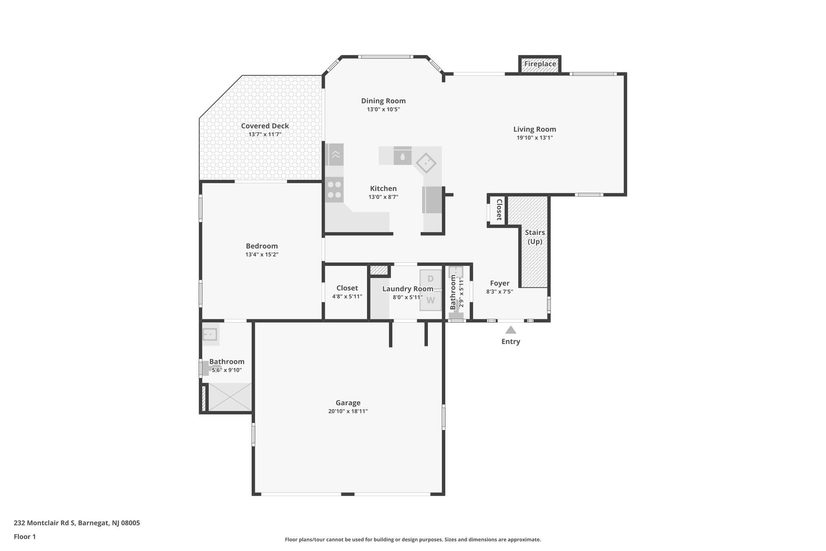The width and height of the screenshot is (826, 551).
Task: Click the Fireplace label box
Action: pos(540,64)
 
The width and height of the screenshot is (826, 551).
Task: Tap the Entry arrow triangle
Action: pos(511,330)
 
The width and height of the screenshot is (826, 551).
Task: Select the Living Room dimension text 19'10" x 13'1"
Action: pos(534,138)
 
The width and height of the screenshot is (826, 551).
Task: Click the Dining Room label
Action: pos(383,101)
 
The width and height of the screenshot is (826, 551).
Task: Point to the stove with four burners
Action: pos(334,190)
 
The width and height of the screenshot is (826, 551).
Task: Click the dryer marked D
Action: pos(430,279)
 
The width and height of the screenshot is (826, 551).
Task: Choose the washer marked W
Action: pos(430,300)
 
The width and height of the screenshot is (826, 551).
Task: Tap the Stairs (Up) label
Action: pos(535,237)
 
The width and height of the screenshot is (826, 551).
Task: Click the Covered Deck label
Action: pos(265,126)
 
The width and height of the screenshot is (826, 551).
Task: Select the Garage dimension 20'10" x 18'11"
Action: pos(348,411)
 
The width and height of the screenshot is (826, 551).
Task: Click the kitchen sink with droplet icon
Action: pos(402,156)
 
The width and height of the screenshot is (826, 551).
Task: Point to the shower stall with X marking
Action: pos(230,397)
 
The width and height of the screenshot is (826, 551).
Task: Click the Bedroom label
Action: pos(262,246)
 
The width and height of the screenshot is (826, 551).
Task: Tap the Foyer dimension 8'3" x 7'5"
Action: pos(499,292)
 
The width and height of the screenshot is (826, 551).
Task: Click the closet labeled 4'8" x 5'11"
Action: pos(347,292)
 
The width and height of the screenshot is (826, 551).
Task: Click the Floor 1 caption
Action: pos(25,536)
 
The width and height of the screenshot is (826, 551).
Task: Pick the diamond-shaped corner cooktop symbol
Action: pos(426,163)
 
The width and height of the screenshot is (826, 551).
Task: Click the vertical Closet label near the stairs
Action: pos(499,210)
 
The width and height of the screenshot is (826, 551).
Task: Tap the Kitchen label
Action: pos(383,189)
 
